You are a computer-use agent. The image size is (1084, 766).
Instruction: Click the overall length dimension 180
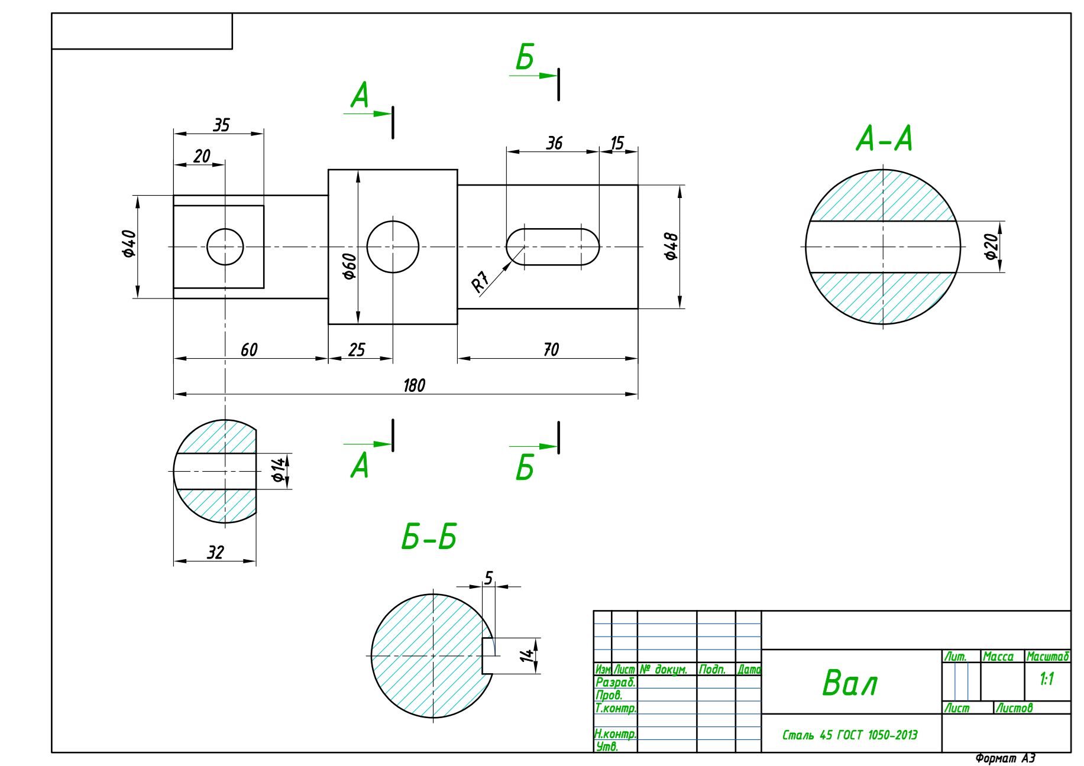pos(414,385)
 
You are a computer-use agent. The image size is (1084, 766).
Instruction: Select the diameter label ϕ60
pos(350,266)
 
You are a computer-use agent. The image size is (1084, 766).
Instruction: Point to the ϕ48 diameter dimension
pos(671,246)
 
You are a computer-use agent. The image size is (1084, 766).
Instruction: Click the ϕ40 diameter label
pos(129,244)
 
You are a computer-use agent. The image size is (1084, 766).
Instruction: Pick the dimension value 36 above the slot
pos(554,143)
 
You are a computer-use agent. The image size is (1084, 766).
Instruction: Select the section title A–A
pos(884,139)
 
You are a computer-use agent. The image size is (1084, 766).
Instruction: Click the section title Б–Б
pos(429,537)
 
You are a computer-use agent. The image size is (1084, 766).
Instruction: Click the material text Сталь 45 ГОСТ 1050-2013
pos(850,735)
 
